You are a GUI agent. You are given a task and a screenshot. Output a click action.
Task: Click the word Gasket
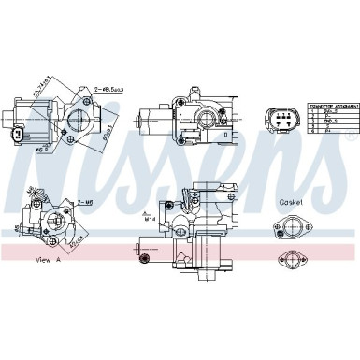[x=291, y=203]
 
